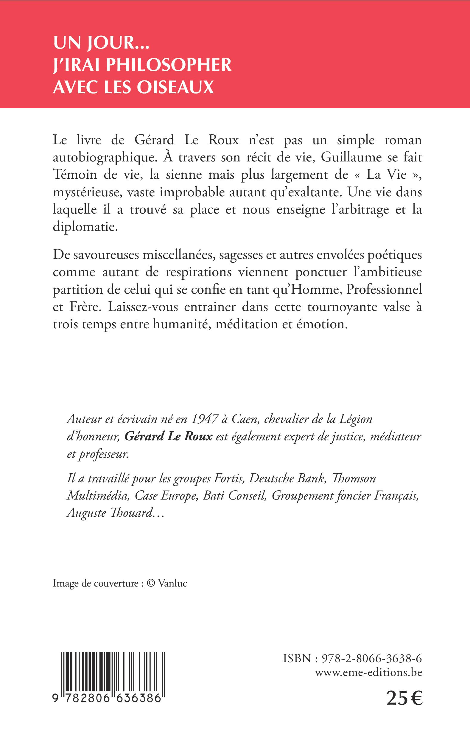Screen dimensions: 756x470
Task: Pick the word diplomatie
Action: [81, 227]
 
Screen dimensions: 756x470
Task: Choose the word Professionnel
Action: [384, 290]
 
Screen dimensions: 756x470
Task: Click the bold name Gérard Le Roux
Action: [168, 437]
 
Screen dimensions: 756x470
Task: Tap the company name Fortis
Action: [228, 478]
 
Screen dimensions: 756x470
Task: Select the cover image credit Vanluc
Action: [172, 584]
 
